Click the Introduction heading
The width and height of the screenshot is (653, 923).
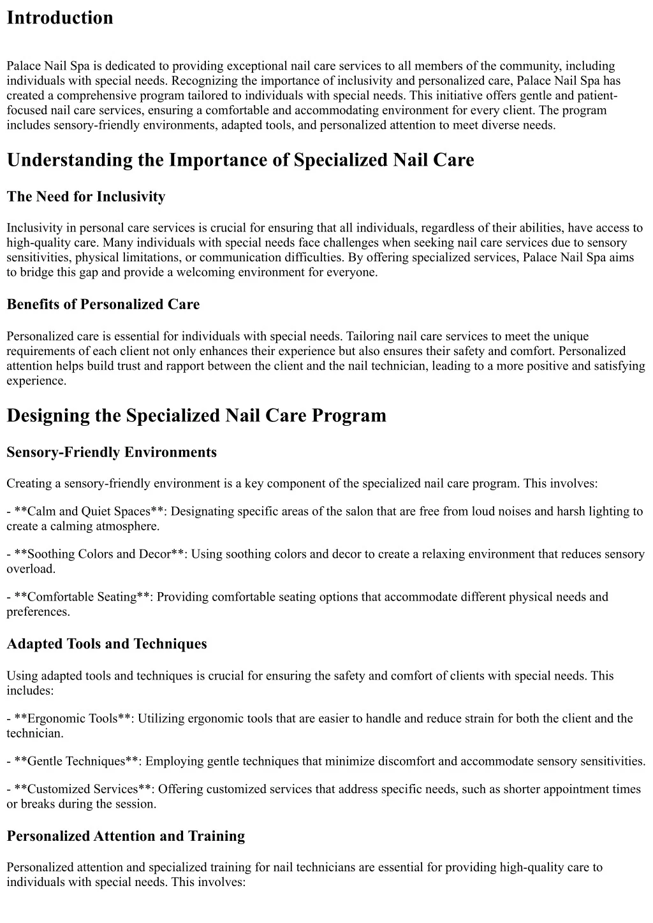pyautogui.click(x=60, y=18)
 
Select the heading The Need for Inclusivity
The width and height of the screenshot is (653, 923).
pyautogui.click(x=86, y=196)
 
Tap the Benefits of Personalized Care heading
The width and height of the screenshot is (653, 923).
pyautogui.click(x=103, y=304)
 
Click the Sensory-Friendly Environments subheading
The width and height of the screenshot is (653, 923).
pyautogui.click(x=112, y=452)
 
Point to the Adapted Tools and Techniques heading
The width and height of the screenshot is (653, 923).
pyautogui.click(x=106, y=643)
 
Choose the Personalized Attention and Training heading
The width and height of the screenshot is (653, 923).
pyautogui.click(x=126, y=836)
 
